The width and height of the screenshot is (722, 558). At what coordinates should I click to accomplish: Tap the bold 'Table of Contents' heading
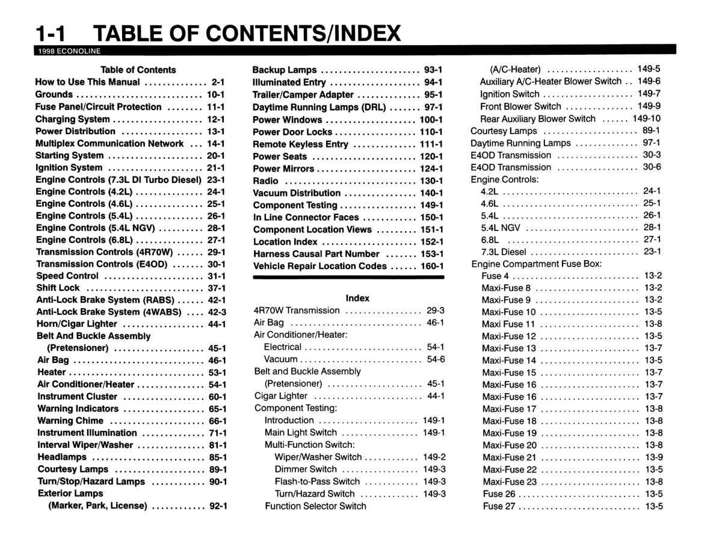tap(138, 70)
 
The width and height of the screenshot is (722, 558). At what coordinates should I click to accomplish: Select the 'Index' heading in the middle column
tap(357, 298)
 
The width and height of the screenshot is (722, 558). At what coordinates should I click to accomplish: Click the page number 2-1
tap(218, 82)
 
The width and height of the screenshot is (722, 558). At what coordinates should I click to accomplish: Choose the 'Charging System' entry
tap(73, 119)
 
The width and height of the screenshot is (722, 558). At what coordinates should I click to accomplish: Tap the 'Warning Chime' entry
tap(70, 421)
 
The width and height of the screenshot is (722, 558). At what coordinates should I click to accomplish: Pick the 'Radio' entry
tap(265, 181)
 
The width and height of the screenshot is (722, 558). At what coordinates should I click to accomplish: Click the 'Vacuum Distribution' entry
tap(297, 193)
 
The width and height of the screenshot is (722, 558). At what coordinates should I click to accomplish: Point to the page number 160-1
tap(431, 266)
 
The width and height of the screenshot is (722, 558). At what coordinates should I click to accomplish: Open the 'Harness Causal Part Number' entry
tap(316, 254)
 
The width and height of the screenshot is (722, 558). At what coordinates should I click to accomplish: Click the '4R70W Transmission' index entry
tap(297, 311)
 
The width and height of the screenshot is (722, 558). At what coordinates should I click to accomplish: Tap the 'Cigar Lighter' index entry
tap(281, 396)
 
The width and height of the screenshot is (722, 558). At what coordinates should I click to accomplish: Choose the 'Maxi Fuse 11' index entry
tap(508, 324)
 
